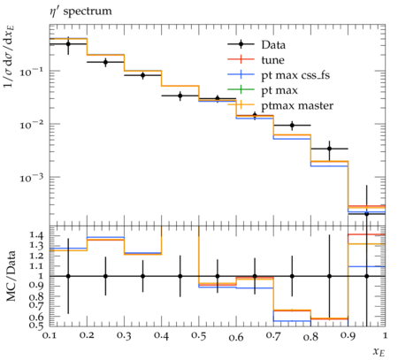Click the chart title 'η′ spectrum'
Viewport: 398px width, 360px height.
(x=80, y=11)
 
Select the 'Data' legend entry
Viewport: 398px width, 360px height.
(x=256, y=44)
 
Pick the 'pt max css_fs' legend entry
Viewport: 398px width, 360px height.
(x=279, y=75)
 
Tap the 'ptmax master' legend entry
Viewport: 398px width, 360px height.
(x=280, y=105)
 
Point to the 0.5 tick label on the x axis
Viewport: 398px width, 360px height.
(x=199, y=335)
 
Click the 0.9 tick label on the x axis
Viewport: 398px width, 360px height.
(x=348, y=335)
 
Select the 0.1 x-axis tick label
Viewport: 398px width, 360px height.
(x=50, y=335)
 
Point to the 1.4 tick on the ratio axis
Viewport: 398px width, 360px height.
(x=36, y=235)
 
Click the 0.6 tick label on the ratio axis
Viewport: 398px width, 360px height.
(x=36, y=318)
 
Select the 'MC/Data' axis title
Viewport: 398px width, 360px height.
(x=11, y=276)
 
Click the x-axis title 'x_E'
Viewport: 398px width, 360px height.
(x=379, y=351)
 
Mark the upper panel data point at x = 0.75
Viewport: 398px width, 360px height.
(x=292, y=125)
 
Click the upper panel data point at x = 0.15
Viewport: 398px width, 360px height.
(x=68, y=44)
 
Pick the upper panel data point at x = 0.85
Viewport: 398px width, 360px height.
(x=330, y=149)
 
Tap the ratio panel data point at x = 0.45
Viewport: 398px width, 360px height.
(x=180, y=276)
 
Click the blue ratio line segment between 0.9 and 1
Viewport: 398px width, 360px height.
(x=367, y=266)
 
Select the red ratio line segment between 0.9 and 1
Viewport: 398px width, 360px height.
(x=367, y=234)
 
